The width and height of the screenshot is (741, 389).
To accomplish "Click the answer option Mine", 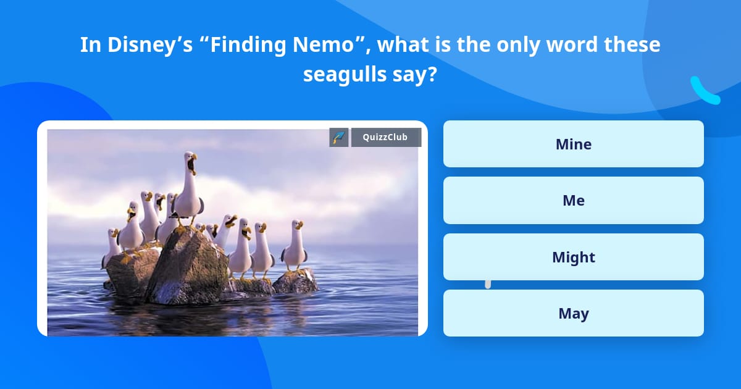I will pyautogui.click(x=573, y=144).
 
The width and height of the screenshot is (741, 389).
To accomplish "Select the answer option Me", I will pyautogui.click(x=573, y=200).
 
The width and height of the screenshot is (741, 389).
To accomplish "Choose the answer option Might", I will pyautogui.click(x=573, y=257).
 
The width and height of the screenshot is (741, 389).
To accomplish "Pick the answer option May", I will pyautogui.click(x=573, y=313).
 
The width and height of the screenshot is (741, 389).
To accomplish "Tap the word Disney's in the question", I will pyautogui.click(x=140, y=45).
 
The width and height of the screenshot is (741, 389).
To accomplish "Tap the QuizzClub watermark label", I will pyautogui.click(x=386, y=137).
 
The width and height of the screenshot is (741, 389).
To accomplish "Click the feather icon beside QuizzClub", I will pyautogui.click(x=339, y=137).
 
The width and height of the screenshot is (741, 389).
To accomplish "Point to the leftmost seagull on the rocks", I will pyautogui.click(x=112, y=247).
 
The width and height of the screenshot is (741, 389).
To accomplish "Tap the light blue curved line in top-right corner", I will pyautogui.click(x=705, y=91).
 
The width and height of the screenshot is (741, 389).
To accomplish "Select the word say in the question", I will pyautogui.click(x=417, y=75).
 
